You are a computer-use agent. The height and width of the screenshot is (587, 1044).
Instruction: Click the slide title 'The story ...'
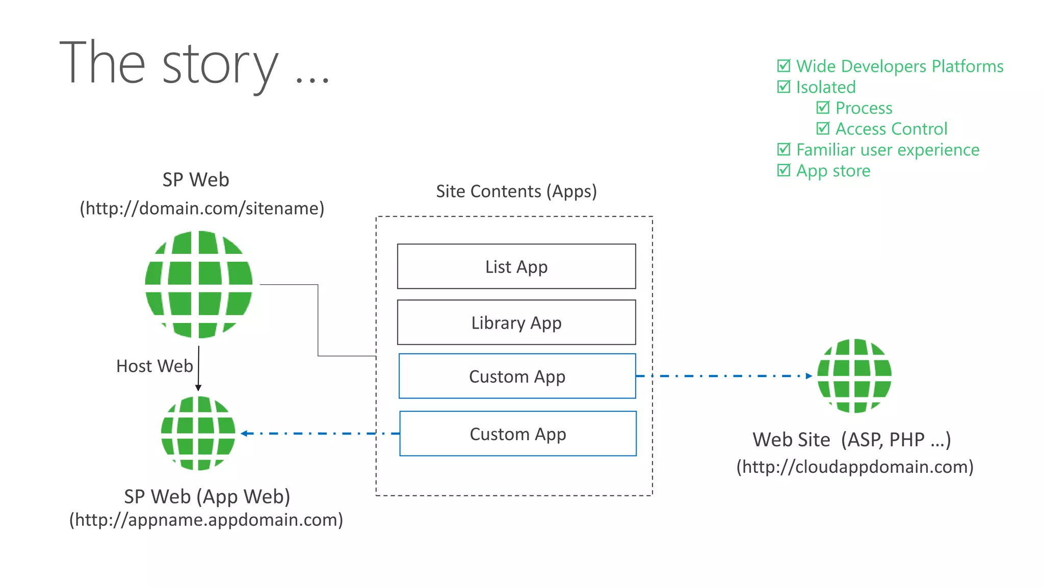[x=194, y=63]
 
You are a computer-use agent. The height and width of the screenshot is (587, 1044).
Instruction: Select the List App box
[x=516, y=266]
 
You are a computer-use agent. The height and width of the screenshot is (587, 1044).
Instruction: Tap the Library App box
[x=516, y=323]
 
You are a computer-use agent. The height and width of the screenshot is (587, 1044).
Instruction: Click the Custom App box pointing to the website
[x=517, y=377]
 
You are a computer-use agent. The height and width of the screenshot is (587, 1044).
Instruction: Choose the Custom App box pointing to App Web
[x=517, y=434]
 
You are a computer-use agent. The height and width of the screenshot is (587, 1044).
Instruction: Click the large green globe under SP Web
[x=199, y=284]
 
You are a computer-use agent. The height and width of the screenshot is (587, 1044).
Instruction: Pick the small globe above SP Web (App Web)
[x=198, y=433]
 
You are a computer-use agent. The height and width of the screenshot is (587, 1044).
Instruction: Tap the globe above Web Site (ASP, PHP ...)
[x=854, y=376]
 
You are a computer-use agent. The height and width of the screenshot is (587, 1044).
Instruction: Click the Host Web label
[x=154, y=366]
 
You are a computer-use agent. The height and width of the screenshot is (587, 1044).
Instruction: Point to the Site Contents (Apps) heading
[x=516, y=191]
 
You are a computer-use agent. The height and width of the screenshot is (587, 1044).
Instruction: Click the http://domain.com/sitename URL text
[x=202, y=208]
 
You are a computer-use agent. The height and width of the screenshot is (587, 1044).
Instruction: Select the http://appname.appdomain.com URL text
[x=206, y=520]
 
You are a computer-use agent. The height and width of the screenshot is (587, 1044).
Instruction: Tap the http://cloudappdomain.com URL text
[x=855, y=467]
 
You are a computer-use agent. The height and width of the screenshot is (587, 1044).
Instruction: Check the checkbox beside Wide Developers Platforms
[x=784, y=66]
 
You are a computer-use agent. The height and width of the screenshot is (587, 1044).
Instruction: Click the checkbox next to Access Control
[x=823, y=128]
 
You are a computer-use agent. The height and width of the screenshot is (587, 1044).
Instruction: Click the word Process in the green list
[x=864, y=108]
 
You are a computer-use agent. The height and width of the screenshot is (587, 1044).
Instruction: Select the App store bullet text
[x=833, y=171]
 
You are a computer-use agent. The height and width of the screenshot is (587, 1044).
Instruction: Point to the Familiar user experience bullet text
[x=888, y=150]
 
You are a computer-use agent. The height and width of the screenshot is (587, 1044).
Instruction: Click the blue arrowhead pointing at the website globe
[x=809, y=376]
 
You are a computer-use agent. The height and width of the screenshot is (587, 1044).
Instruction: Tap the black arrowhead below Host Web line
[x=198, y=388]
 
